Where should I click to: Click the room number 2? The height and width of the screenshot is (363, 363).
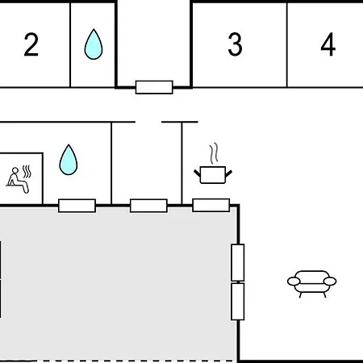(x=31, y=44)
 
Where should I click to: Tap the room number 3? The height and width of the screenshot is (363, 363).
(x=235, y=44)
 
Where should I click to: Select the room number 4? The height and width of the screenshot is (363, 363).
(x=328, y=44)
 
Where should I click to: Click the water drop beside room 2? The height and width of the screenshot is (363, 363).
(x=94, y=44)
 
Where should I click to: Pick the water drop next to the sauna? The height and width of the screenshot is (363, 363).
(x=69, y=160)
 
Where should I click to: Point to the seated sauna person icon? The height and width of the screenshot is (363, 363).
(x=19, y=179)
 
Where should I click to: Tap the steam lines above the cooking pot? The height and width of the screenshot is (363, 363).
(x=214, y=153)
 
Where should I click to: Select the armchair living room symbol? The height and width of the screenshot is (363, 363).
(x=311, y=284)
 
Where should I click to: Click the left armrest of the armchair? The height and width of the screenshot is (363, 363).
(x=294, y=282)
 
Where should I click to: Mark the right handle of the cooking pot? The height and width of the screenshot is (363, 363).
(x=228, y=173)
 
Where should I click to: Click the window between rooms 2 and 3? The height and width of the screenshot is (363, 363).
(x=154, y=87)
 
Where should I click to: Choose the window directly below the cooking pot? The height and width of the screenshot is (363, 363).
(x=211, y=206)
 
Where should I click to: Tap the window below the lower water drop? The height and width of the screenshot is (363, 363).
(x=77, y=206)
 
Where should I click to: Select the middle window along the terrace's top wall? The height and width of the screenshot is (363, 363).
(x=148, y=206)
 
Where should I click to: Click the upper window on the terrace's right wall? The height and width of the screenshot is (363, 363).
(x=238, y=262)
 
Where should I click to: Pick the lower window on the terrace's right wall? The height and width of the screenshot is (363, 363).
(x=238, y=302)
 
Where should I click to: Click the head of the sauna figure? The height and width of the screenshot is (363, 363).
(x=15, y=170)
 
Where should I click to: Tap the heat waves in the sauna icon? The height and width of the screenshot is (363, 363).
(x=27, y=172)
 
